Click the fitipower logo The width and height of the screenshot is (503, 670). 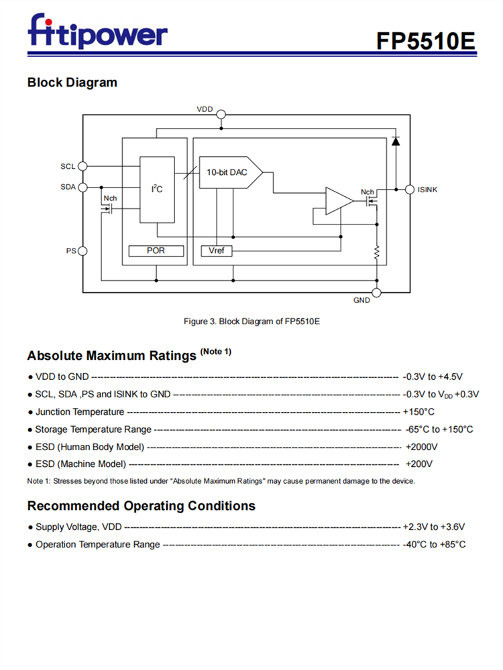(97, 31)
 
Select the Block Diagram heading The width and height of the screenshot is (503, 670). (72, 82)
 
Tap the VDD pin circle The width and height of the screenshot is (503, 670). (221, 115)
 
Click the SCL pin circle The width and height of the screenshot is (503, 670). (82, 166)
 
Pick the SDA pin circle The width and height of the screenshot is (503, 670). (82, 187)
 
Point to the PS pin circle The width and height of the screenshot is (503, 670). (82, 251)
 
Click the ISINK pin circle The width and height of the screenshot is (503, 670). (410, 190)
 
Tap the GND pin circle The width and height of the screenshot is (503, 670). (376, 292)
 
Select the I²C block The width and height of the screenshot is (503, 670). (157, 190)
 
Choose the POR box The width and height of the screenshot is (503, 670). (156, 251)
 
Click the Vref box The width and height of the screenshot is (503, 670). (216, 251)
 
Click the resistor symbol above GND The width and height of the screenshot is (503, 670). (377, 253)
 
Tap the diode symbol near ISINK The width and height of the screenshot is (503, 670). (395, 141)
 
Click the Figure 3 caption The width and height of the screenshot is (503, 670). (251, 322)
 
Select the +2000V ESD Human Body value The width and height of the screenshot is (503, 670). (421, 446)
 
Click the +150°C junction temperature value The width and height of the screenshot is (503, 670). (418, 411)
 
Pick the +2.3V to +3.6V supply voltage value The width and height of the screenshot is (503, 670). (434, 527)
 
